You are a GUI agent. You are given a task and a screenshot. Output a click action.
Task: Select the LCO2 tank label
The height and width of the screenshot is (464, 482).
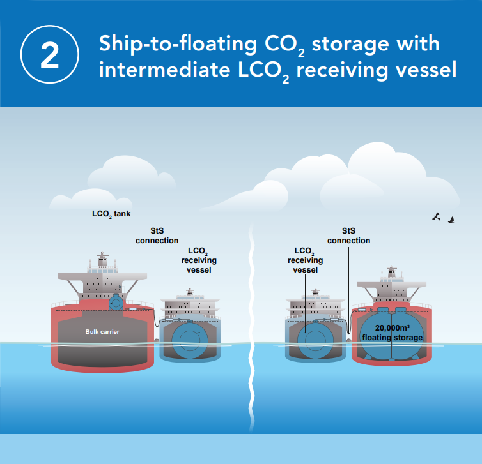tap(111, 214)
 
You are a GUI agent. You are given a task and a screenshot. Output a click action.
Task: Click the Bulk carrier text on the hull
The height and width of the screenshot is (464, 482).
tap(103, 332)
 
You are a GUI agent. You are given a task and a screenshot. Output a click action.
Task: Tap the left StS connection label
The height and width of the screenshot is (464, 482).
tap(157, 236)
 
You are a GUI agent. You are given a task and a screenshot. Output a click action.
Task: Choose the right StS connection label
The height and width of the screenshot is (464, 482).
tap(348, 236)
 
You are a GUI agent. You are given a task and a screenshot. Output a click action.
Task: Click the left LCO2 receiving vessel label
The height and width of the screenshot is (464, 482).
tap(199, 260)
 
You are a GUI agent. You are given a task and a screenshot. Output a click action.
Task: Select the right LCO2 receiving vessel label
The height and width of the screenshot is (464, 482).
tap(305, 260)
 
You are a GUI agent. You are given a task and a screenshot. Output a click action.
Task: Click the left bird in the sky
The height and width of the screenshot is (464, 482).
tap(437, 216)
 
